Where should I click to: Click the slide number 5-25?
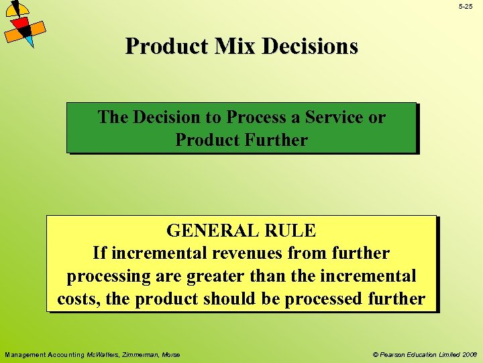[x=466, y=6]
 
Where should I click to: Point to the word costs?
[x=78, y=299]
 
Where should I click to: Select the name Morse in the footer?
[x=170, y=355]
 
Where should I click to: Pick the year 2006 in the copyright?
[x=468, y=355]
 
